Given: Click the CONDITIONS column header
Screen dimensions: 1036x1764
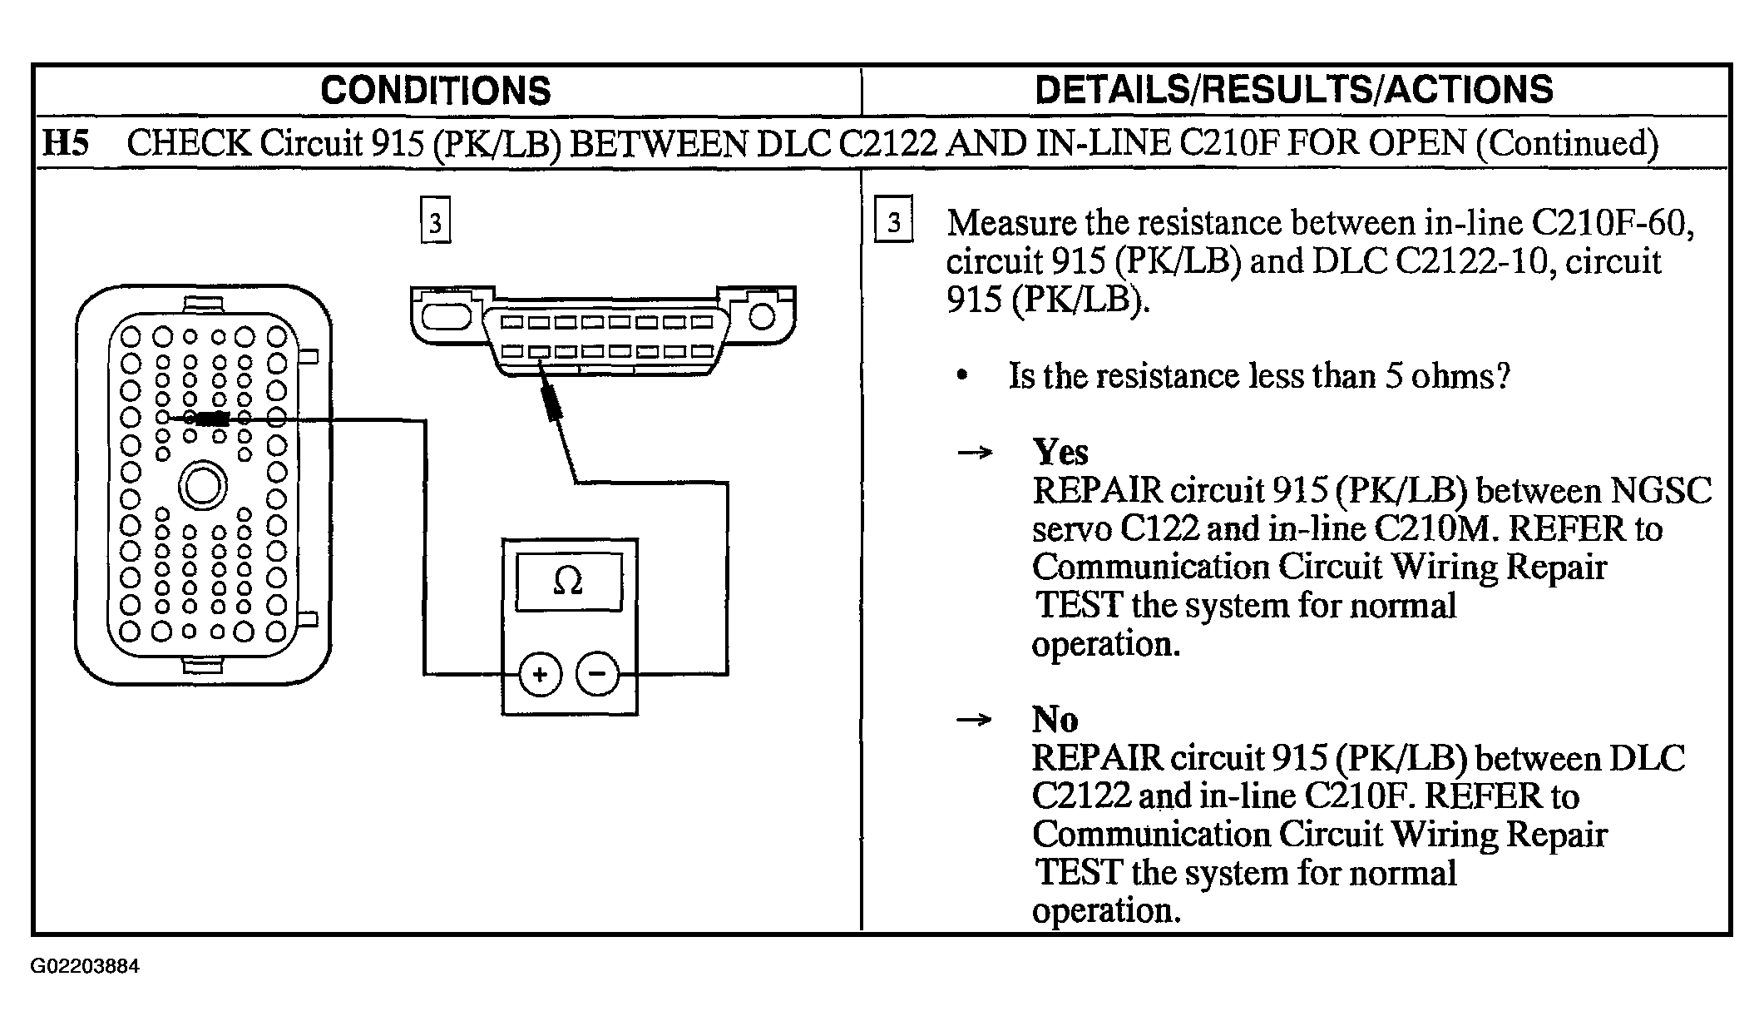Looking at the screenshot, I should [435, 91].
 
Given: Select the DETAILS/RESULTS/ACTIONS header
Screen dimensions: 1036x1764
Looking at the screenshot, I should [1293, 90].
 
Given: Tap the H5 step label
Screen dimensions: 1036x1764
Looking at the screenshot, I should [65, 143].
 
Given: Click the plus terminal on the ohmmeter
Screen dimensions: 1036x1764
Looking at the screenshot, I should [540, 673].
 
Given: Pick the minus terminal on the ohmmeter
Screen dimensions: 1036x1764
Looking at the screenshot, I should [598, 673].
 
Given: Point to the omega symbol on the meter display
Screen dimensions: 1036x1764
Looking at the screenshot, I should [568, 582].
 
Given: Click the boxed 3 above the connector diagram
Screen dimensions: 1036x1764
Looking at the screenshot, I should [435, 221].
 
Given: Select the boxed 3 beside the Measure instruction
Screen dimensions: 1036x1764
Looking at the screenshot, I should [893, 221].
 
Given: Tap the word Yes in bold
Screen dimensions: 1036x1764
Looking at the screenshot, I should [1060, 452].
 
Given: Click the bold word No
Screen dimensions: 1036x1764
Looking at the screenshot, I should [1055, 719].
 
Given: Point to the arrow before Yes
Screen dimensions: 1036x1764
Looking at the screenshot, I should [975, 453].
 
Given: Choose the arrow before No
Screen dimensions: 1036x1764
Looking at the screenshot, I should [975, 720].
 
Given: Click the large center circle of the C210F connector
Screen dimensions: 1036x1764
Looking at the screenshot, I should [202, 487].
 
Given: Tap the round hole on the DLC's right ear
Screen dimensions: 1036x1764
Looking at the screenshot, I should [762, 316].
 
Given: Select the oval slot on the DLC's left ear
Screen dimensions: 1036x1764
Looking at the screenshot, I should [447, 316].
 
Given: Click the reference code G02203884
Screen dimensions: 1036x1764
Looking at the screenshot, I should [85, 966].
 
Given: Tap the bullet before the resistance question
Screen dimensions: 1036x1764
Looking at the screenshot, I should [962, 376].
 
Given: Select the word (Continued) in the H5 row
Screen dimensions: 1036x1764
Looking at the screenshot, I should [1567, 143].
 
